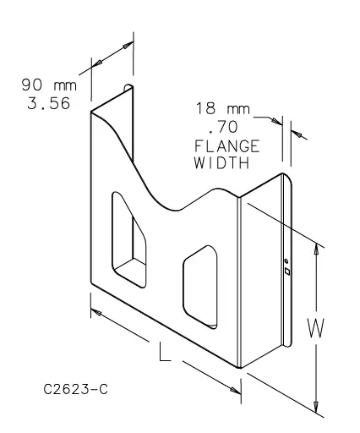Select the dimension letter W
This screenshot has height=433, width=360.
[x=314, y=329]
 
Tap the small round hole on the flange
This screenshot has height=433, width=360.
[x=286, y=261]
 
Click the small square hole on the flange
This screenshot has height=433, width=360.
[x=286, y=272]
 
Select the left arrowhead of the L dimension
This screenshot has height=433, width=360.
[x=96, y=312]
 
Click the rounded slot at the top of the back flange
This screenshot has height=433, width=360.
[x=128, y=89]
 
